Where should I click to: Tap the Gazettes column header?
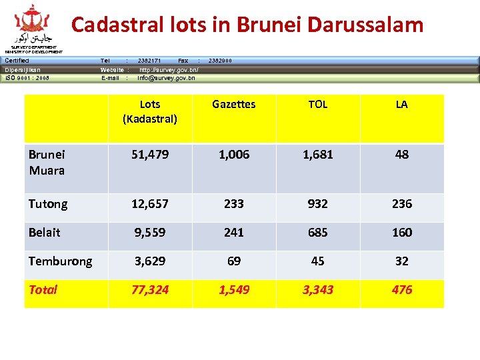pos(234,104)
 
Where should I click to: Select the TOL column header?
pos(318,104)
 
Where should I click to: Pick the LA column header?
pos(401,104)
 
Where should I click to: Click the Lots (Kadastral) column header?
pos(150,111)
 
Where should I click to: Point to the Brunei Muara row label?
pos(47,162)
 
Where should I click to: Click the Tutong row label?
pos(48,204)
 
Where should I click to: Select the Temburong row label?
pos(60,261)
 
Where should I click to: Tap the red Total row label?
pos(43,289)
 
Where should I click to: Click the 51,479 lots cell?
pos(150,155)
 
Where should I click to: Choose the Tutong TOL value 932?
pos(318,204)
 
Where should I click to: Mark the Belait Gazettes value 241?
pos(234,233)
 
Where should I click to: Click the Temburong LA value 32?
pos(401,261)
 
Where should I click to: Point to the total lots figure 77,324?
pos(150,289)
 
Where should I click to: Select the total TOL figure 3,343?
pos(318,289)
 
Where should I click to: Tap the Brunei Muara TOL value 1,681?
pos(318,155)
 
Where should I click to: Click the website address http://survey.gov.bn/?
pos(169,69)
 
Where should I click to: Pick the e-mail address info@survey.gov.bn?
pos(166,78)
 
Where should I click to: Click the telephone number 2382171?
pos(149,61)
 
